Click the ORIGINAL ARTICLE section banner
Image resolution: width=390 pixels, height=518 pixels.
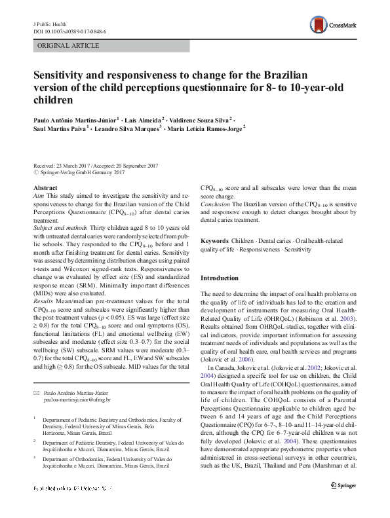click(68, 45)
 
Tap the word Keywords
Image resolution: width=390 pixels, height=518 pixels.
click(214, 241)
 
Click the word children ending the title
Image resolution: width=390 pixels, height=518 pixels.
click(52, 100)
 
